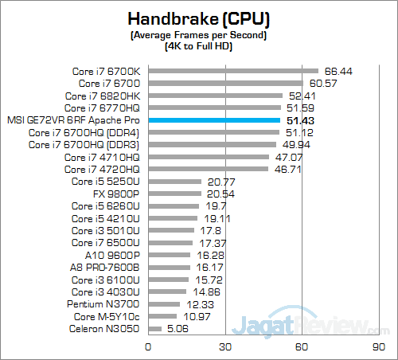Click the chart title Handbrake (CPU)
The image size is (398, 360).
199,18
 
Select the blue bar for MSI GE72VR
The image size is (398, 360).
213,119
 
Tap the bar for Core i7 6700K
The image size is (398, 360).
233,70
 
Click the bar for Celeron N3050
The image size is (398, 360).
154,328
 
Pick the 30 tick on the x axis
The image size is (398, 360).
225,347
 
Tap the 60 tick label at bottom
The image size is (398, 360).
302,347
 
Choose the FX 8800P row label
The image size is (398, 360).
117,194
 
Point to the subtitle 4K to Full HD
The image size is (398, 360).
199,46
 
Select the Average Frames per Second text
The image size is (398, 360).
199,35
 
